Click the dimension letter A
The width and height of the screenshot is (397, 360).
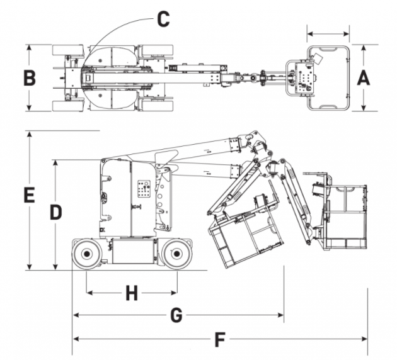point(364,77)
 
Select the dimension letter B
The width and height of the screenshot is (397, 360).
point(30,77)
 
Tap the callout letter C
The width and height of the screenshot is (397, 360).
point(163,19)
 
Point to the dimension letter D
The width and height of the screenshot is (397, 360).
point(55,212)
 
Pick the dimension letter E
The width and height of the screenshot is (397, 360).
point(29,195)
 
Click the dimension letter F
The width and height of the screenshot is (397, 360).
point(220,339)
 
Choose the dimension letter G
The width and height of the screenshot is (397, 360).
point(176,315)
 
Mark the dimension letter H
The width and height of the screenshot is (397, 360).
point(132,293)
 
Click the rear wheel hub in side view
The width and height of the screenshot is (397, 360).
point(86,254)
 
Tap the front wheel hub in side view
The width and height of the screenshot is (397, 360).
point(176,254)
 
